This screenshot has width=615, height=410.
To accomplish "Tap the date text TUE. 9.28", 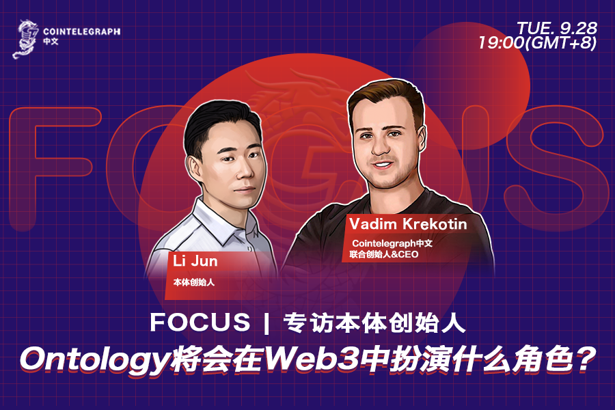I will click(557, 28).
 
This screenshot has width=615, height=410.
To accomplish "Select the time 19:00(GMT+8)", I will click(538, 43).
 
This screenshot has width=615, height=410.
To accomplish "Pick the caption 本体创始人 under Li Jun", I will click(193, 281).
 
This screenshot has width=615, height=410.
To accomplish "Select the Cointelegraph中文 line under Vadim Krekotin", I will click(392, 243).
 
